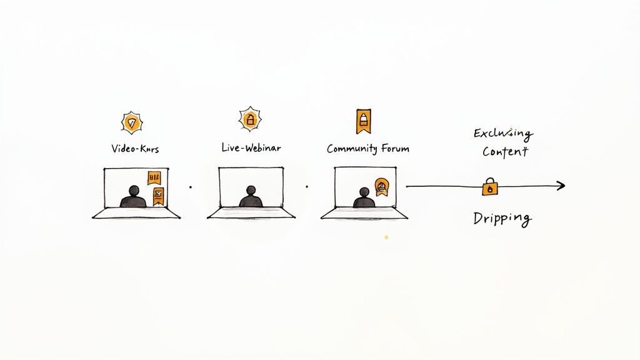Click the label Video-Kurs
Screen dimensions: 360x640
click(134, 149)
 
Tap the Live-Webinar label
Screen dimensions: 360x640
click(251, 148)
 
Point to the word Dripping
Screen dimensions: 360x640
click(502, 219)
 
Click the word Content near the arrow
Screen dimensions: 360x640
click(505, 152)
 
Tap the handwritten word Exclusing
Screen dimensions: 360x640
click(502, 133)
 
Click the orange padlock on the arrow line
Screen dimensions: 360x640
click(490, 186)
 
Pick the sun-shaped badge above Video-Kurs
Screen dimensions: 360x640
click(132, 122)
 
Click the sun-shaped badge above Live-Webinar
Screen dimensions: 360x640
click(250, 119)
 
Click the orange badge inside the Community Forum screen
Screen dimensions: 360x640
click(382, 186)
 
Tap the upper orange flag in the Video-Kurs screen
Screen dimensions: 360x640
click(154, 178)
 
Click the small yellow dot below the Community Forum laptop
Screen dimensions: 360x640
click(386, 237)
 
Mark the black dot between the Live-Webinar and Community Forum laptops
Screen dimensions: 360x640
click(307, 186)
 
